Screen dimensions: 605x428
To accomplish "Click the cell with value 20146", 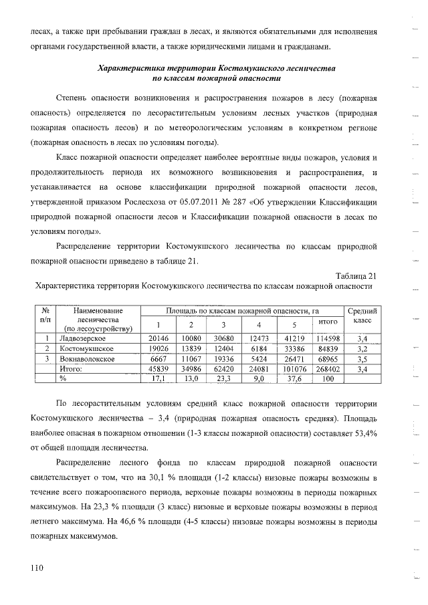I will (x=158, y=338).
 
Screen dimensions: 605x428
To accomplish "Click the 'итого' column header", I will (x=327, y=324).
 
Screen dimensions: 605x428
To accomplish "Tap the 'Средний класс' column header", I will (x=363, y=316).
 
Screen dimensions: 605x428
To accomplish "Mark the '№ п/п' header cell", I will (x=46, y=316).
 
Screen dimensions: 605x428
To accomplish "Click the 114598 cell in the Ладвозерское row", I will (x=327, y=338).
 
